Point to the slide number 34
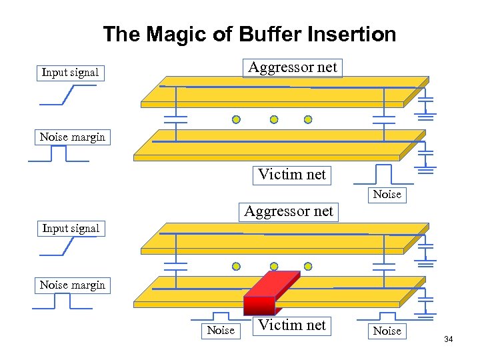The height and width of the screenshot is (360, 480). coord(448,340)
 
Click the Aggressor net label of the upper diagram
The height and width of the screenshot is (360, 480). coord(293,67)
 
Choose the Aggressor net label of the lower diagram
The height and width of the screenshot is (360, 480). coord(288,212)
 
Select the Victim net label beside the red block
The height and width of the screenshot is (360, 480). coord(292,325)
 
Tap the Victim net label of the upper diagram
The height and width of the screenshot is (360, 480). coord(292,175)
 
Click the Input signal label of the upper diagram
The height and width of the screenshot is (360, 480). coord(70,72)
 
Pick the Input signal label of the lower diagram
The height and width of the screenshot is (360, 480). coord(71,229)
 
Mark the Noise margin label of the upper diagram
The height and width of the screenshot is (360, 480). coord(72,137)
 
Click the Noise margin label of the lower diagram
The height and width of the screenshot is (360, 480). coord(72,285)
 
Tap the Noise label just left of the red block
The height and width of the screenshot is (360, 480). coord(221,331)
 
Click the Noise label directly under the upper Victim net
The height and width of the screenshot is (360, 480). coord(387,195)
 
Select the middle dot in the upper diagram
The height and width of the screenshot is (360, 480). coord(273,120)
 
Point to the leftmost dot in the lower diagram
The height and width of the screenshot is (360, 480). coord(236,267)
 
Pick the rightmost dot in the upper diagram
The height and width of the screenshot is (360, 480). coord(308,120)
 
